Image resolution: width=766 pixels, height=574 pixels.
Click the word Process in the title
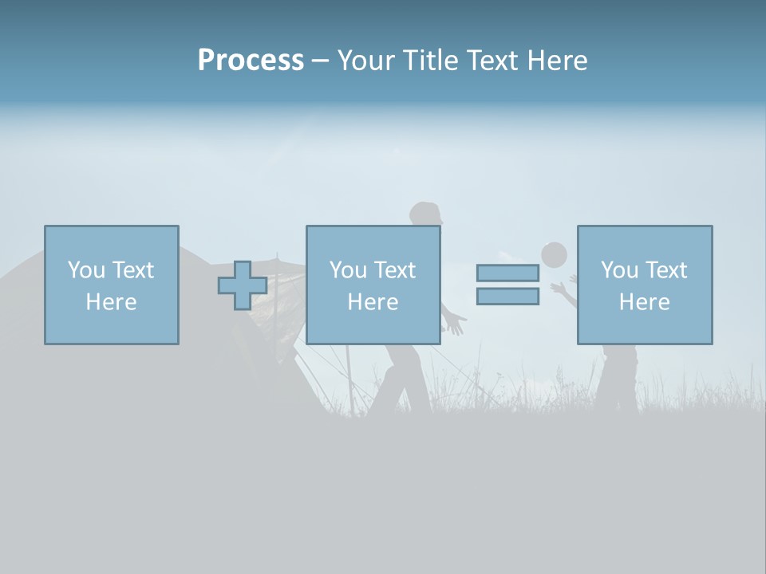coord(251,61)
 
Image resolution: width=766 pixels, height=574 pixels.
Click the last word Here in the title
coord(556,61)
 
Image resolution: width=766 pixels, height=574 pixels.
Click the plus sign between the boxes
coord(243,285)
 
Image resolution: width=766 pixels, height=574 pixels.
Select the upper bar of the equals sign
coord(507,273)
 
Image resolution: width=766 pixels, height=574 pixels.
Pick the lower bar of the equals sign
coord(507,297)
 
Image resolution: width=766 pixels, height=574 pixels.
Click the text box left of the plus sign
coord(112,285)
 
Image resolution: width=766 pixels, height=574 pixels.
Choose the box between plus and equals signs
coord(373,285)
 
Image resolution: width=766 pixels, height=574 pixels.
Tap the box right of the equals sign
coord(645,285)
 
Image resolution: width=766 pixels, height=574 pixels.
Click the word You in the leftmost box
coord(85,270)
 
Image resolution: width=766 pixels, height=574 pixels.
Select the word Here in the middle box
coord(373,302)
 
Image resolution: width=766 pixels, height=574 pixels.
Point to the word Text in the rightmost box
coord(665,270)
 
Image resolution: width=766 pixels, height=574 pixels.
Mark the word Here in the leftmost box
coord(111,302)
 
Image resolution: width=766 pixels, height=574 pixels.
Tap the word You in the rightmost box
coord(618,270)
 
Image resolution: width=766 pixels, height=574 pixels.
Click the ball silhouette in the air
coord(554,255)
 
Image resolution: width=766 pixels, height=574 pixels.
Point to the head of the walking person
coord(425,214)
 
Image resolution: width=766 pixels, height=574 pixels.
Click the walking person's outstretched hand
coord(454,324)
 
